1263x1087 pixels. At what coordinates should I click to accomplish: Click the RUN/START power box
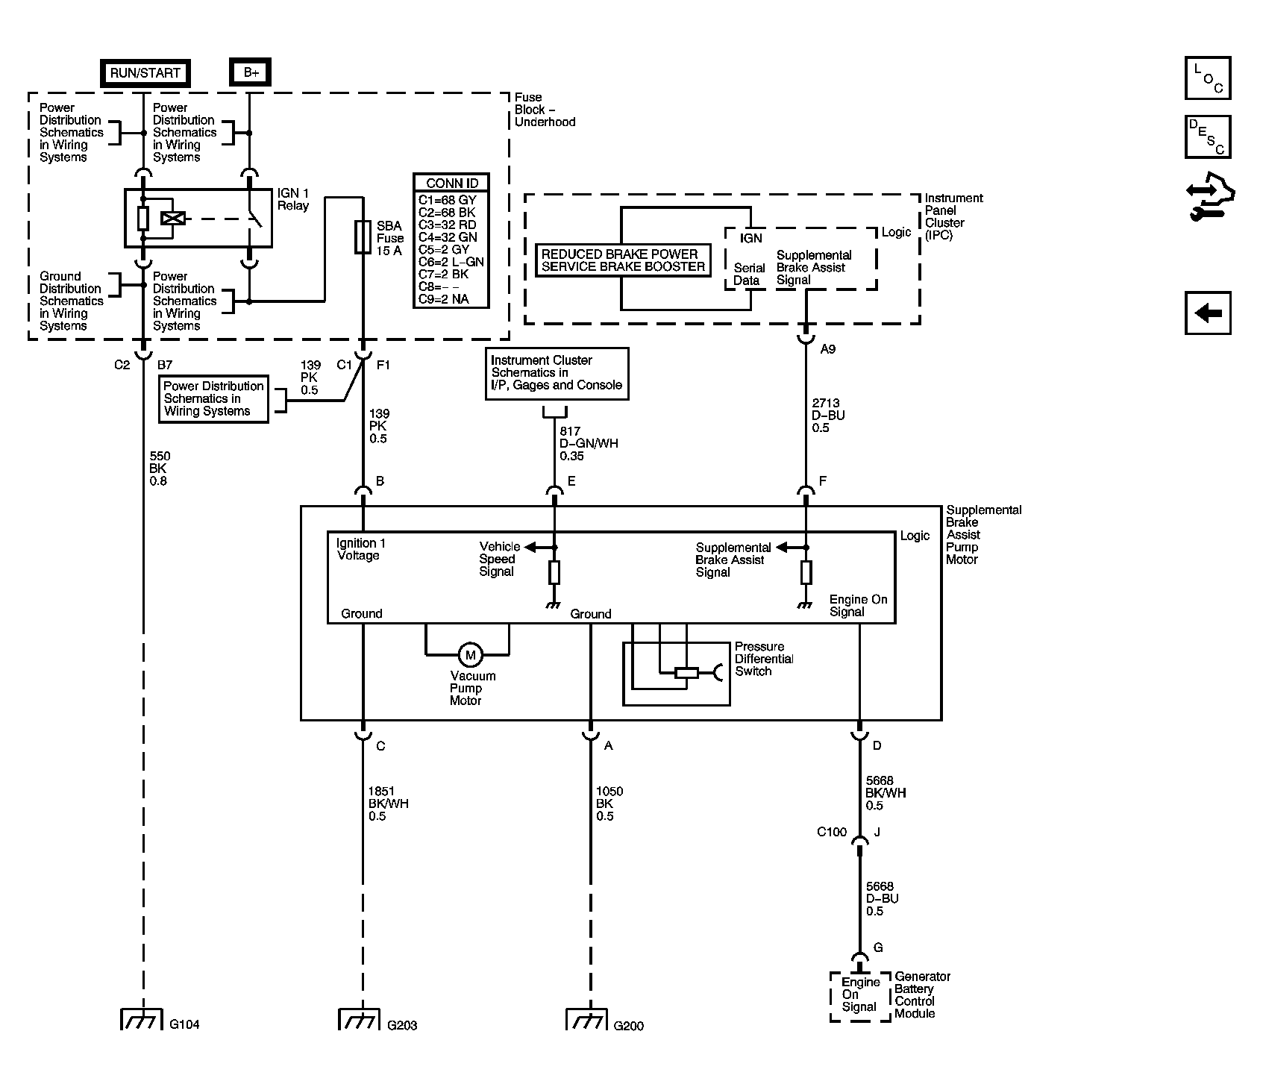click(145, 73)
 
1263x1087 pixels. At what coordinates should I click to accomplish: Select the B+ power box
click(250, 73)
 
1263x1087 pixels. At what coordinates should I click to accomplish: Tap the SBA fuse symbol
click(363, 237)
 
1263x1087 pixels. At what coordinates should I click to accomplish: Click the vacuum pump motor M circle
click(470, 655)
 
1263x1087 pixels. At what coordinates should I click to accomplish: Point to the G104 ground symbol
click(142, 1019)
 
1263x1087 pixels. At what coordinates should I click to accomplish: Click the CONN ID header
click(452, 183)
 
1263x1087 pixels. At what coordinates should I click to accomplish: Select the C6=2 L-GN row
click(451, 262)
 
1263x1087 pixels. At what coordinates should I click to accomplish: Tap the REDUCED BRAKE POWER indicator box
click(623, 260)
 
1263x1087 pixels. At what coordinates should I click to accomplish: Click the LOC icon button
click(1208, 78)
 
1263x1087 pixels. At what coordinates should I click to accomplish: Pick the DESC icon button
click(1208, 137)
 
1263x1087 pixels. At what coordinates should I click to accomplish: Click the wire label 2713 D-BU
click(828, 416)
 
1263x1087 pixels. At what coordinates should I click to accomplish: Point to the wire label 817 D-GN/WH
click(589, 443)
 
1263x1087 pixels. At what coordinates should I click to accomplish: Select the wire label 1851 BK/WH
click(388, 803)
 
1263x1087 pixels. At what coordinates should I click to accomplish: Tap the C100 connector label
click(832, 832)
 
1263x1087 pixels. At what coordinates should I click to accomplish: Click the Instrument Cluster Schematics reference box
click(557, 373)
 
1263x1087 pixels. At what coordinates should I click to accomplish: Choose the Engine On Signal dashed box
click(860, 996)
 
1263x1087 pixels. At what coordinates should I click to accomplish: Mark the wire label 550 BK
click(160, 469)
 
